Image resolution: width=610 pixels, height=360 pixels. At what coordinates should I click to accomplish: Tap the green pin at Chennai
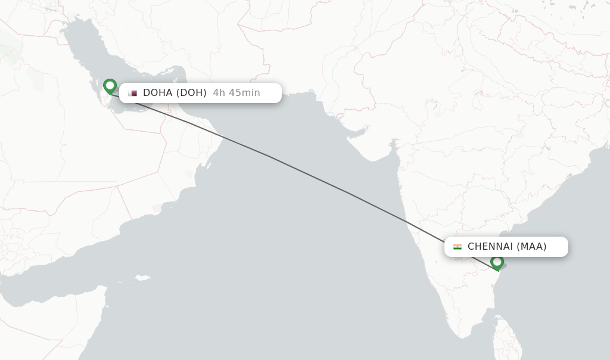point(497,262)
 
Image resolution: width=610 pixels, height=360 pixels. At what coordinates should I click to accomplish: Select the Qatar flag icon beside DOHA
point(132,93)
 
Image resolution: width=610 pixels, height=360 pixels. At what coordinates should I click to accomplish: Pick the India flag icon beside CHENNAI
point(457,247)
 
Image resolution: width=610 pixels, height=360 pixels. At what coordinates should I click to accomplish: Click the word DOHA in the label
point(158,93)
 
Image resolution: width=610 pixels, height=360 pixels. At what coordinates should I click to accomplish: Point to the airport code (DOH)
point(191,93)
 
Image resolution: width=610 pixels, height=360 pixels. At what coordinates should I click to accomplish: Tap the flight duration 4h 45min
point(236,93)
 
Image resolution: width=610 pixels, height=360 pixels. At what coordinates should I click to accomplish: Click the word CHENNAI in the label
point(490,247)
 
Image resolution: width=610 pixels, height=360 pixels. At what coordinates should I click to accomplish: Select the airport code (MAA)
point(531,247)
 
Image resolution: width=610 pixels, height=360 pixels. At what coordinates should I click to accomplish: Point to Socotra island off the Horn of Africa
point(142,278)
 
